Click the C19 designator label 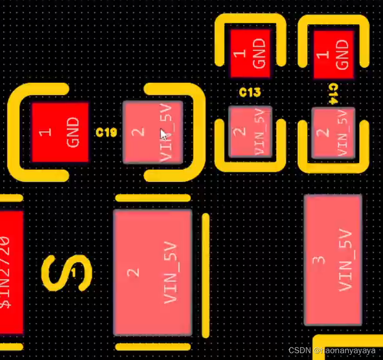coord(106,132)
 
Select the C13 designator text coord(250,92)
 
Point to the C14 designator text coord(333,93)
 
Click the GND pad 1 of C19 coord(60,132)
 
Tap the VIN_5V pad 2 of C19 coord(153,132)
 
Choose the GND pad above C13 coord(250,53)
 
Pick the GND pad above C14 coord(333,54)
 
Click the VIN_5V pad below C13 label coord(250,132)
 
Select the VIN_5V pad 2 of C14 coord(333,133)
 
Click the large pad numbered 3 coord(333,260)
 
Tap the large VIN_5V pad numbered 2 coord(153,272)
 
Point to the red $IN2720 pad coord(11,272)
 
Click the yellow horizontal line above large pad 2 coord(153,198)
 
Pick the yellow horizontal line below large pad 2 coord(153,347)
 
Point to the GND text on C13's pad coord(260,53)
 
